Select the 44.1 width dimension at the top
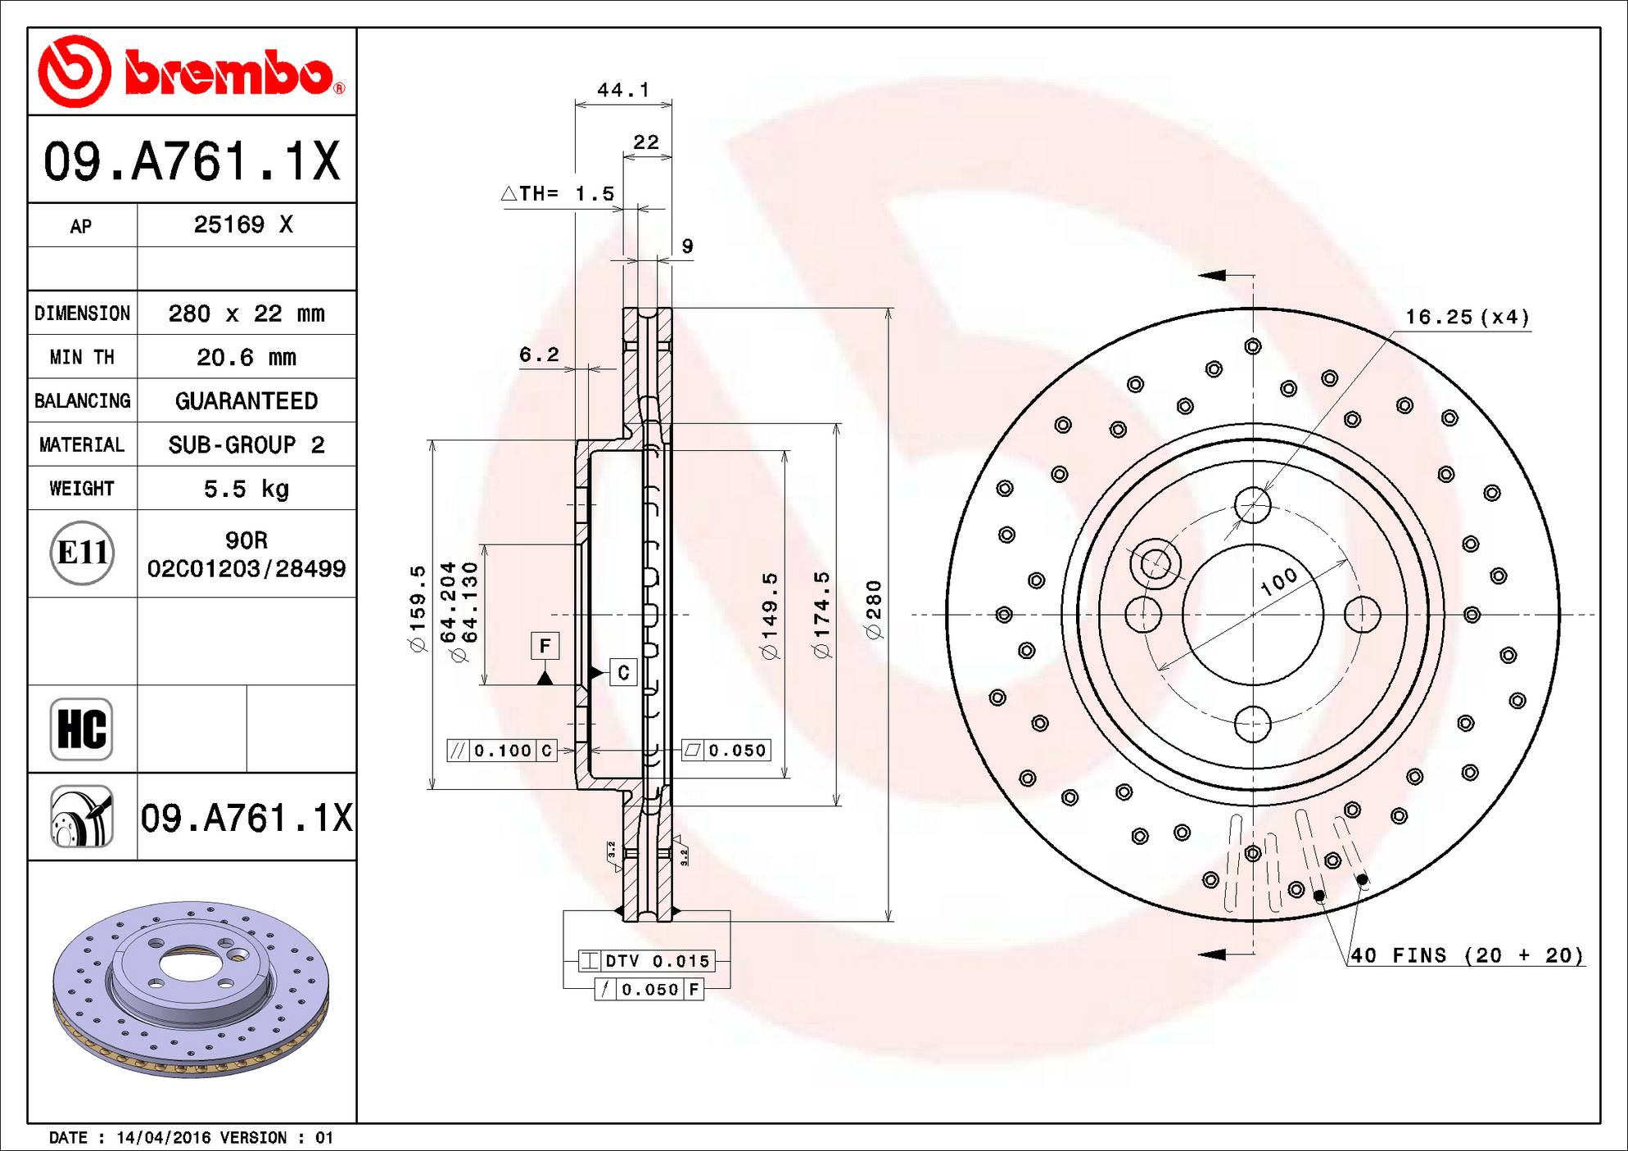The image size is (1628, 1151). point(622,90)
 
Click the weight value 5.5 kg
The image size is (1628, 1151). point(246,489)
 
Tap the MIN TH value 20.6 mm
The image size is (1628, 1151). point(246,357)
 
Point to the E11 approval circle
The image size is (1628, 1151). point(82,553)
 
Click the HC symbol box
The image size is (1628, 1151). point(81,729)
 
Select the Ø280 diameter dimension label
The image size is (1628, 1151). point(874,609)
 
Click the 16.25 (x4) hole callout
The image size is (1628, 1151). point(1467,317)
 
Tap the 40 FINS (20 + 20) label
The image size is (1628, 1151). point(1466,955)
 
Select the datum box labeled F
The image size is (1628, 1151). point(545,646)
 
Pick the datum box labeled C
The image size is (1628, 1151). point(623,673)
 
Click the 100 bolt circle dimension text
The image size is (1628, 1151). point(1278,580)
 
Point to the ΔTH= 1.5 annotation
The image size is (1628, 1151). point(558,194)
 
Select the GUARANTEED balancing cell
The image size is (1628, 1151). point(246,401)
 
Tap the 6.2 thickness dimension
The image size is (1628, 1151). point(539,354)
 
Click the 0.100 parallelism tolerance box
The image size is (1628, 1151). point(502,751)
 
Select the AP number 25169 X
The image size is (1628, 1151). point(243,225)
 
